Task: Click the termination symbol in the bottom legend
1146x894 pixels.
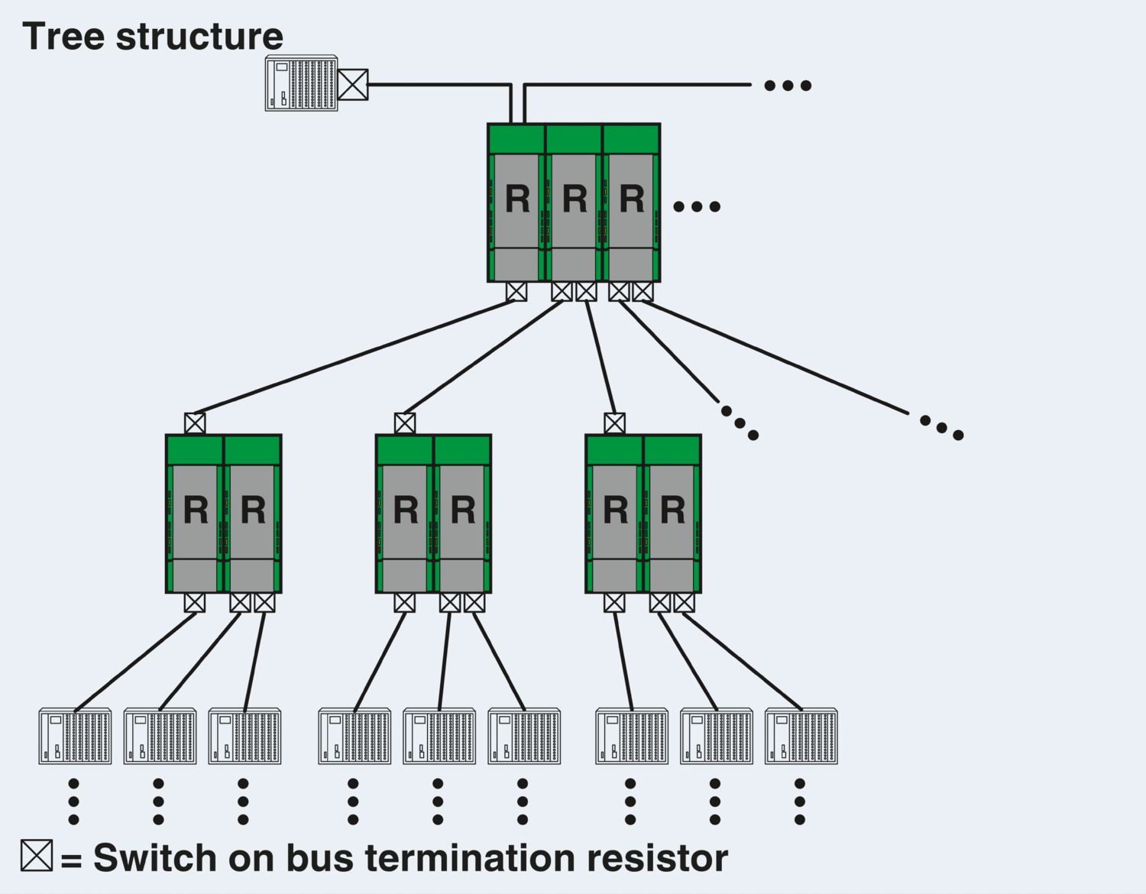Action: click(x=37, y=855)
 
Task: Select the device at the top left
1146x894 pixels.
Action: click(x=301, y=83)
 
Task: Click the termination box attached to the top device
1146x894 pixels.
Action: click(x=353, y=84)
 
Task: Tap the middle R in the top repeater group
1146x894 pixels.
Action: click(x=575, y=199)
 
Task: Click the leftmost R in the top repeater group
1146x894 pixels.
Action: click(x=517, y=199)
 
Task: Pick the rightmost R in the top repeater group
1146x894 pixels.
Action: click(x=632, y=199)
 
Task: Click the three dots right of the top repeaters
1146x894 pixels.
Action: click(x=697, y=206)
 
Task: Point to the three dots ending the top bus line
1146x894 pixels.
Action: click(x=788, y=86)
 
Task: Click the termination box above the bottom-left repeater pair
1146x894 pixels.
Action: click(x=195, y=423)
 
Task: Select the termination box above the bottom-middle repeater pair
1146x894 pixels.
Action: click(x=405, y=423)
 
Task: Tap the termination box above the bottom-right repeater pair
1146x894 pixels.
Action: click(x=614, y=423)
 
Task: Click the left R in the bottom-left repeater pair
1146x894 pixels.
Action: click(x=196, y=510)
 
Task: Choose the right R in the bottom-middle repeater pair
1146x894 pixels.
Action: click(x=463, y=510)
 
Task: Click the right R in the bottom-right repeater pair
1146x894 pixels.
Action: click(x=672, y=510)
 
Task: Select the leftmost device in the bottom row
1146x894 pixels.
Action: click(x=75, y=737)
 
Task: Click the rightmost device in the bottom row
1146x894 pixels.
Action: click(x=801, y=737)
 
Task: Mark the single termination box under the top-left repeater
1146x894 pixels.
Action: click(x=516, y=291)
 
